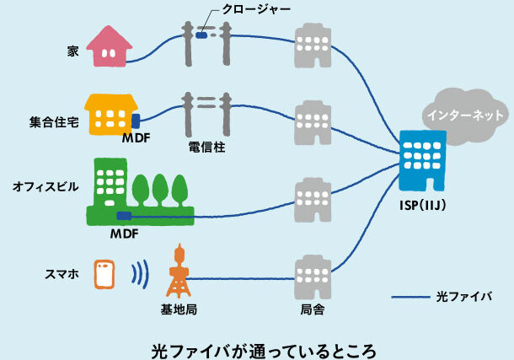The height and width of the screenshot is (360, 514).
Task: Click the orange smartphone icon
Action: pos(104,275)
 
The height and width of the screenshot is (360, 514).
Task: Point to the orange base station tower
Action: pos(178,271)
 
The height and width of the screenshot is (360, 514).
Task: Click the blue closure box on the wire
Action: pos(202,35)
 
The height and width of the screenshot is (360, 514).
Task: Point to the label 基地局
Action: pos(179,309)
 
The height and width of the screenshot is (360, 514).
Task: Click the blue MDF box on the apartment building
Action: pos(135,121)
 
